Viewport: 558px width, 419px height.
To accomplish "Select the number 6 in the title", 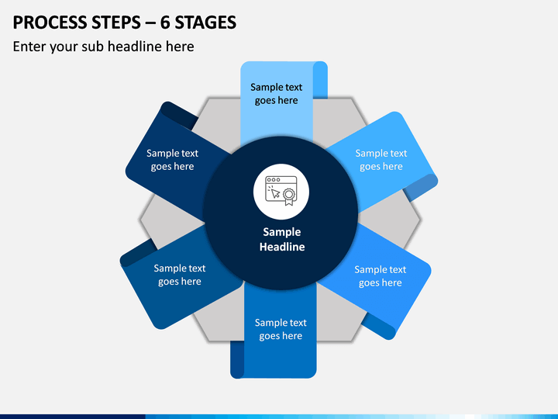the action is click(x=165, y=23).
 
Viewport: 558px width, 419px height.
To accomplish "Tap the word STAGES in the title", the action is click(x=205, y=23).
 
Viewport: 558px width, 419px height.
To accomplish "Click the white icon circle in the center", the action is click(x=281, y=192).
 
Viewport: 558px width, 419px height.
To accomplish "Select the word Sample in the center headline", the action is click(x=282, y=232).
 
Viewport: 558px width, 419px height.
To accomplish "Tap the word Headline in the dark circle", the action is click(x=282, y=247).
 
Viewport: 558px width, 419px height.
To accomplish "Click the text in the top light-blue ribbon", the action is click(x=276, y=94).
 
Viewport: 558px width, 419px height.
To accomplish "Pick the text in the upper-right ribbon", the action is click(x=381, y=160).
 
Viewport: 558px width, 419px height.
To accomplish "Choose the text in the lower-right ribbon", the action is click(x=380, y=275).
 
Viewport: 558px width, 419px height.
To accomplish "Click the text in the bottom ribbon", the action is click(x=281, y=329).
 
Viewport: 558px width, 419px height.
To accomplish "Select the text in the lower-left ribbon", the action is click(x=179, y=275).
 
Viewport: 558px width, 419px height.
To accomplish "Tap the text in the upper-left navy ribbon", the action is click(x=172, y=160).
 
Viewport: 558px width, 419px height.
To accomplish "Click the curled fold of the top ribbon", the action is click(x=320, y=80).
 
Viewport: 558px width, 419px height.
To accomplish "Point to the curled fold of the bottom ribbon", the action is click(x=237, y=360).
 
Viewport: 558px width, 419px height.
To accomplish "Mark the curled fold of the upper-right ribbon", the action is click(x=421, y=188).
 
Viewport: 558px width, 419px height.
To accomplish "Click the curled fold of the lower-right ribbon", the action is click(x=379, y=327).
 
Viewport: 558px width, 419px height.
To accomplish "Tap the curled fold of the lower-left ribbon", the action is click(x=138, y=253).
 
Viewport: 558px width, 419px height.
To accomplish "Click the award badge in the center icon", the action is click(x=289, y=196).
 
